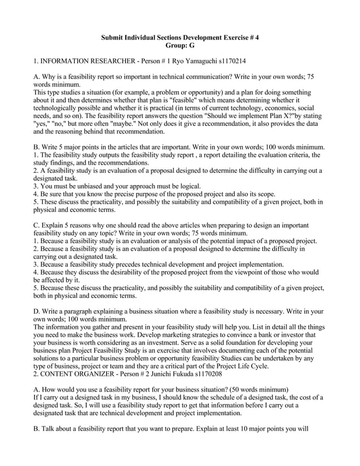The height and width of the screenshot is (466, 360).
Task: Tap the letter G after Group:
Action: pos(191,45)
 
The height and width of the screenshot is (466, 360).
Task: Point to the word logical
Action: pos(188,186)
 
